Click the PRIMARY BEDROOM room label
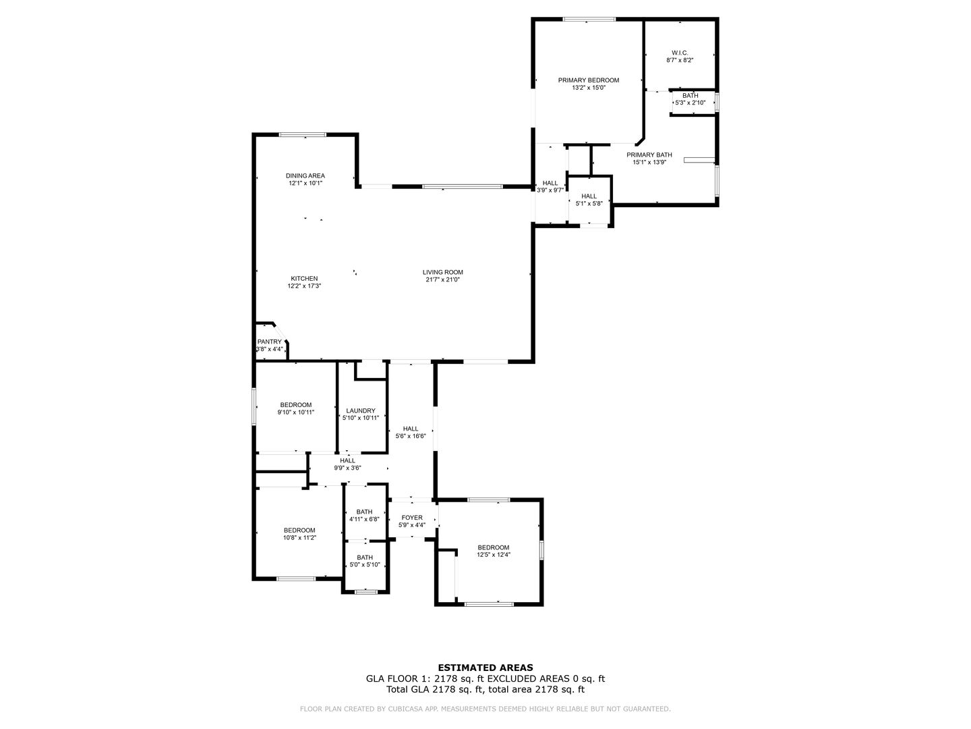coord(589,80)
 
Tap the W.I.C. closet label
coord(680,53)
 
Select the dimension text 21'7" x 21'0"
coord(442,279)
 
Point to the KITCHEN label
coord(304,278)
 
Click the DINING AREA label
coord(305,175)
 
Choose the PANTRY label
coord(270,342)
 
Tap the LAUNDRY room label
coord(361,411)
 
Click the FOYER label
coord(412,518)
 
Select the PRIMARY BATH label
coord(649,155)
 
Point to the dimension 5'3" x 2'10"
coord(690,103)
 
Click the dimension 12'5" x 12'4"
coord(493,554)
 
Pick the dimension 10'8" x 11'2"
coord(299,537)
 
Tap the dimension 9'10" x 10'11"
coord(296,412)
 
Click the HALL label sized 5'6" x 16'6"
coord(411,429)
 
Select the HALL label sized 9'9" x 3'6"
coord(347,460)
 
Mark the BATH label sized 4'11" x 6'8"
coord(364,512)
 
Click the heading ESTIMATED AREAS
coord(486,668)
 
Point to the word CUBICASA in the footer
coord(395,709)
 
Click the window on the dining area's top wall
coord(303,134)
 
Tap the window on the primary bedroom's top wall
coord(589,19)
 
